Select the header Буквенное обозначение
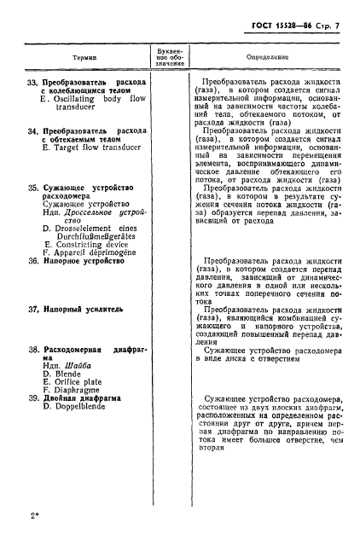point(167,56)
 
